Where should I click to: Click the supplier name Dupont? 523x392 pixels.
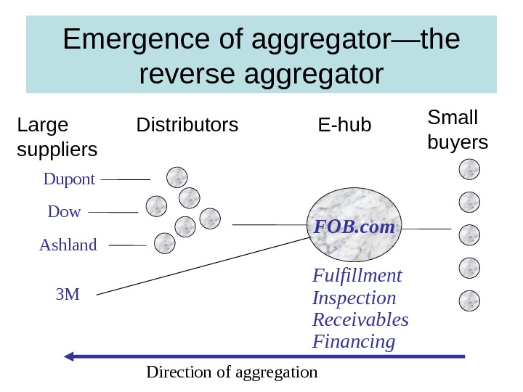point(69,179)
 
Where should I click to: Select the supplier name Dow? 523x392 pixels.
point(64,212)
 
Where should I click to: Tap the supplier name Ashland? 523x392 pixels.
point(68,245)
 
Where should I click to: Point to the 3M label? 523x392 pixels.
point(68,294)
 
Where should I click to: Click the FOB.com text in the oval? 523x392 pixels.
point(354,227)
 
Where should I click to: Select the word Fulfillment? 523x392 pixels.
point(357,276)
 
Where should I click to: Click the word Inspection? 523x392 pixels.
point(354,298)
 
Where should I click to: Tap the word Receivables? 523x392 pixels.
point(360,319)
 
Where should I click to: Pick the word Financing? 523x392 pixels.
point(354,341)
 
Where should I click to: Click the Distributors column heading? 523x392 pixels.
point(187,126)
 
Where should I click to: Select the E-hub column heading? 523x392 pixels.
point(344,126)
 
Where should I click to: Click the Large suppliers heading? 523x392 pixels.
point(56,137)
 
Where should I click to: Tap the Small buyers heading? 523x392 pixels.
point(458,129)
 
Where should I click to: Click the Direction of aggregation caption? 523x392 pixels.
point(232,372)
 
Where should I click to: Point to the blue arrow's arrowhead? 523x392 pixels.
point(70,356)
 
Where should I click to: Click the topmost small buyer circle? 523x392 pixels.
point(470,170)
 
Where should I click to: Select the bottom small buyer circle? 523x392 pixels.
point(470,300)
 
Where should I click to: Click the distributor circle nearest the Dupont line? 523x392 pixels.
point(177,176)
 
